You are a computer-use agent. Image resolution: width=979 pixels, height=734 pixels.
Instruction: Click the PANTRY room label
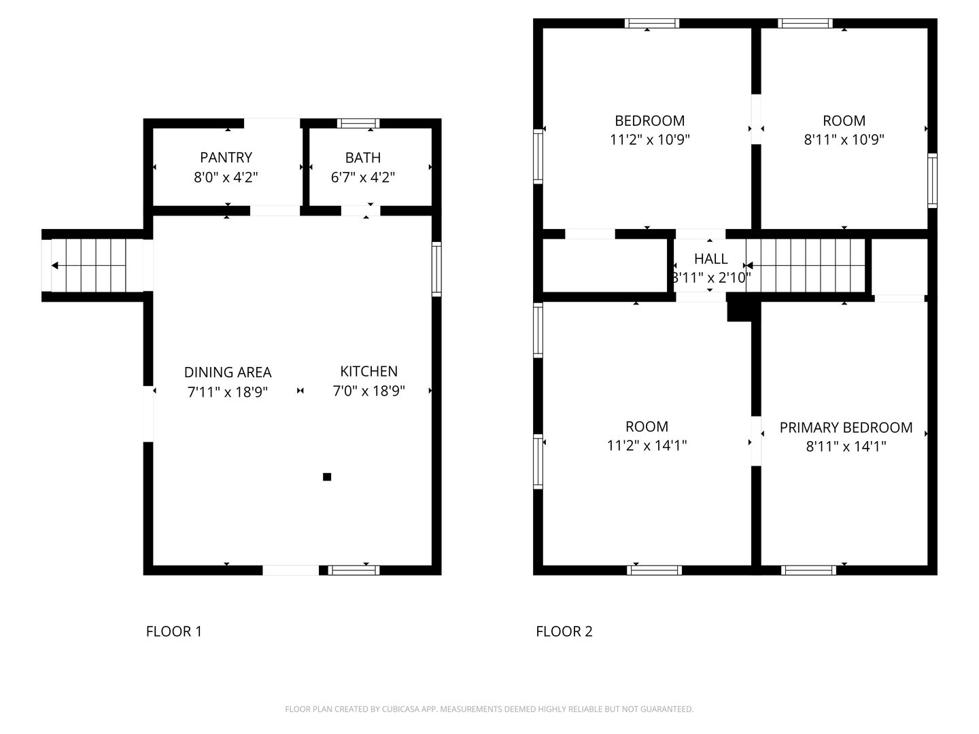pyautogui.click(x=226, y=157)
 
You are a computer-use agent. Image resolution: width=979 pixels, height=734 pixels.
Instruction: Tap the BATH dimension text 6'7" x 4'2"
pyautogui.click(x=362, y=177)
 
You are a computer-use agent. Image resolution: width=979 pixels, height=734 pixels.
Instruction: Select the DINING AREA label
pyautogui.click(x=228, y=372)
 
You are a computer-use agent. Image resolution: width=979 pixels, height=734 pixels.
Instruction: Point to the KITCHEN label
pyautogui.click(x=368, y=371)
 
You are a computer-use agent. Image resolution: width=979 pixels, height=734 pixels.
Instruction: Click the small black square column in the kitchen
pyautogui.click(x=327, y=477)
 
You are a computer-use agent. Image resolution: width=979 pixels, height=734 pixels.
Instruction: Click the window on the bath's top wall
pyautogui.click(x=358, y=124)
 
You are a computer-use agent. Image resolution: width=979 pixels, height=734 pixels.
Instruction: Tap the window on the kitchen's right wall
pyautogui.click(x=436, y=269)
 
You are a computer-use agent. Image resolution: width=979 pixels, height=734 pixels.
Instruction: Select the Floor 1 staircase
pyautogui.click(x=92, y=266)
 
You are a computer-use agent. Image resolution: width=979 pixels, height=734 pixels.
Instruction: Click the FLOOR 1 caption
pyautogui.click(x=174, y=631)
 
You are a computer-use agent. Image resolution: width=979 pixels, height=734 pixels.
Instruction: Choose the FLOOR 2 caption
pyautogui.click(x=564, y=631)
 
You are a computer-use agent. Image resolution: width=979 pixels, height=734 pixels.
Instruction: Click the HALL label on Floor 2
pyautogui.click(x=711, y=258)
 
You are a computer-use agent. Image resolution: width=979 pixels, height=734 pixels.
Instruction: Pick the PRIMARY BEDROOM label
pyautogui.click(x=846, y=427)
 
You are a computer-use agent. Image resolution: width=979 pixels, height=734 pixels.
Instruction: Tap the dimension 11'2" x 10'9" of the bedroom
pyautogui.click(x=649, y=139)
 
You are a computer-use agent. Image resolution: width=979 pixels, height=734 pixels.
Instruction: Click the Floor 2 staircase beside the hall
pyautogui.click(x=806, y=266)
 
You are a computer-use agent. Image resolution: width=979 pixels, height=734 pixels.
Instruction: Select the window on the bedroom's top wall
pyautogui.click(x=651, y=23)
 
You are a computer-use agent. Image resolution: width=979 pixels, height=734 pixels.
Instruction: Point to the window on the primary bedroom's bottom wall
pyautogui.click(x=808, y=570)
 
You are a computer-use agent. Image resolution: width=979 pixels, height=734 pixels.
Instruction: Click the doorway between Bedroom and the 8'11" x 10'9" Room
pyautogui.click(x=756, y=120)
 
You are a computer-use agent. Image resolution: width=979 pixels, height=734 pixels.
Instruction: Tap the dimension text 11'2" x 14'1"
pyautogui.click(x=647, y=445)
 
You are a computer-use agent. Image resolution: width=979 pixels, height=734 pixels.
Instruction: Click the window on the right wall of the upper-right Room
pyautogui.click(x=932, y=181)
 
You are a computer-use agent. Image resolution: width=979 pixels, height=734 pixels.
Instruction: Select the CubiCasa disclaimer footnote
pyautogui.click(x=489, y=709)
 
